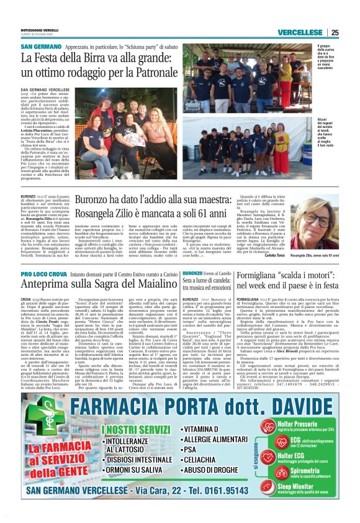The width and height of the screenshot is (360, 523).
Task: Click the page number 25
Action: point(334,32)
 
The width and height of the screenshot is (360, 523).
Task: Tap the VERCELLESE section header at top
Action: point(300,32)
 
